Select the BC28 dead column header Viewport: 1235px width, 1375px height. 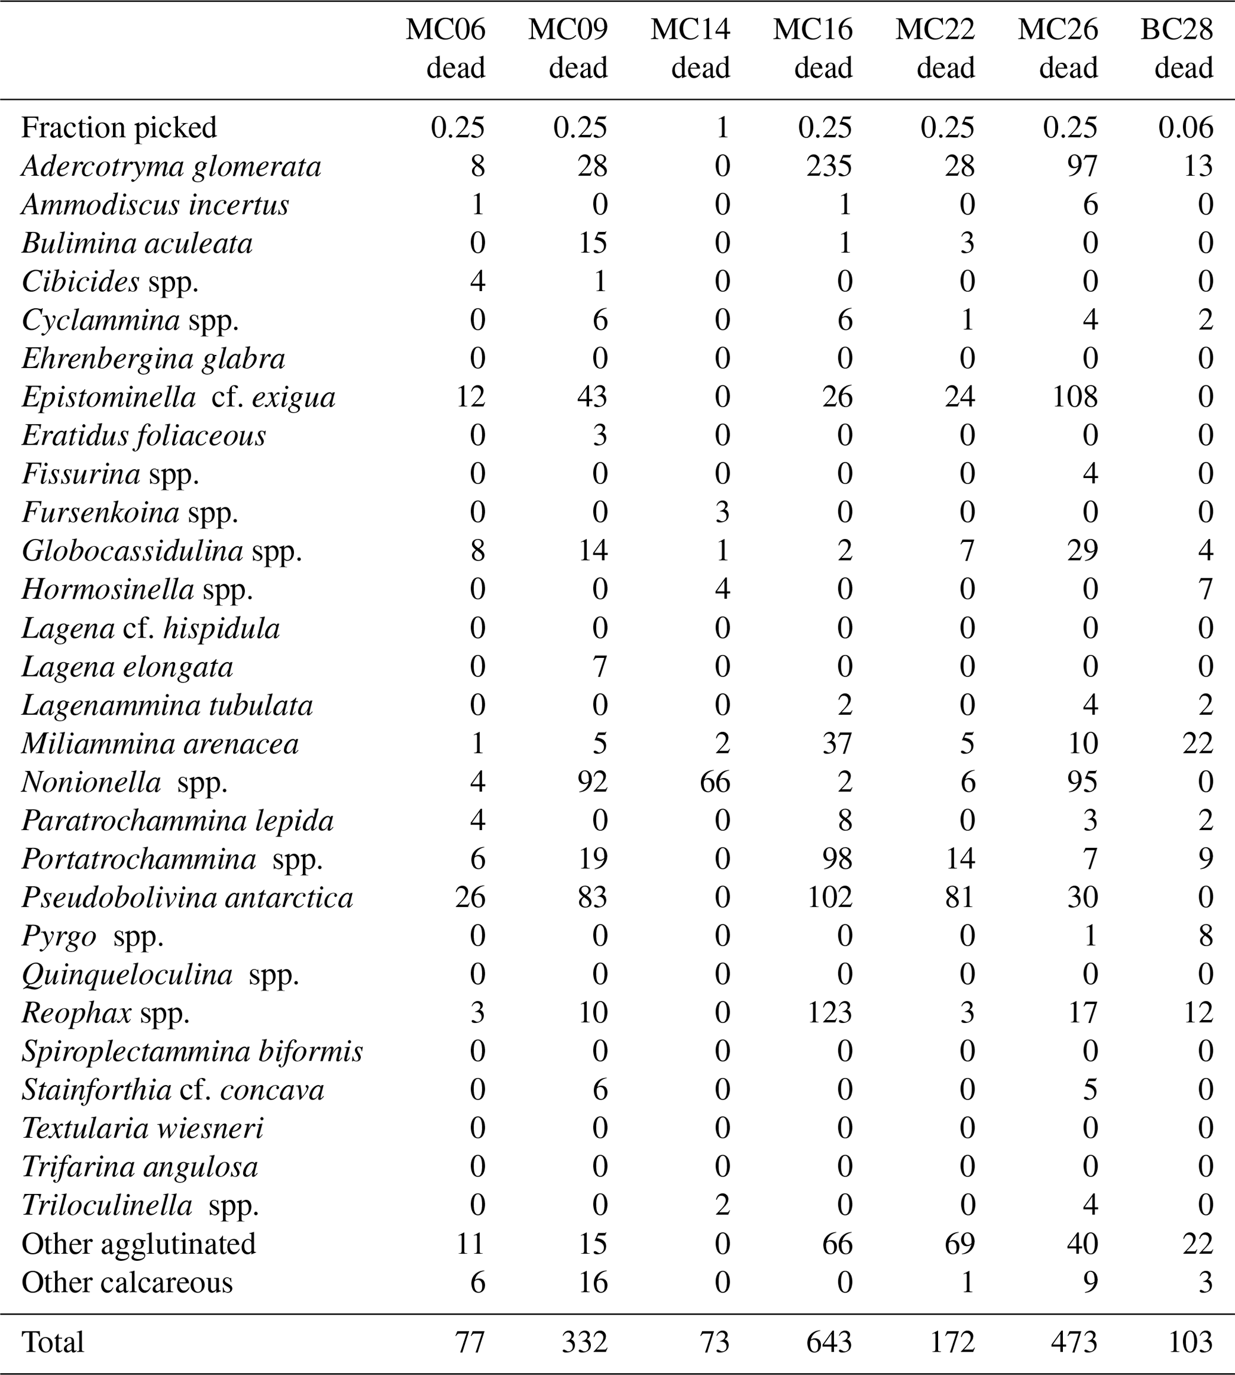1176,49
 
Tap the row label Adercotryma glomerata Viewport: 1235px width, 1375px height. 171,167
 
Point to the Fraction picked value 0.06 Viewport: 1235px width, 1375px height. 1185,128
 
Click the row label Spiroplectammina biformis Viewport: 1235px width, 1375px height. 192,1052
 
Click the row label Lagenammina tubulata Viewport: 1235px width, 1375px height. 167,706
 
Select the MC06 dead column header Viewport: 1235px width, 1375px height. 446,49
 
